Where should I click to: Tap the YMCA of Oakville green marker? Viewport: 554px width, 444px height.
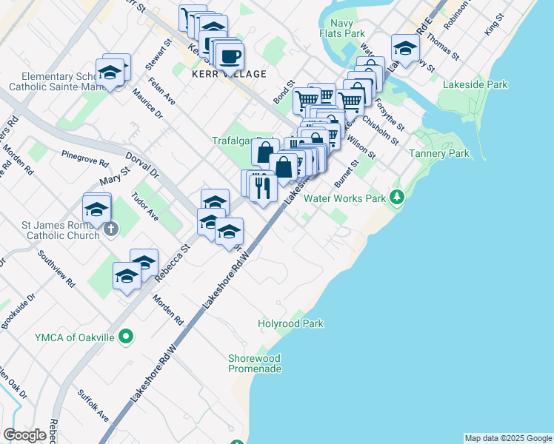point(126,337)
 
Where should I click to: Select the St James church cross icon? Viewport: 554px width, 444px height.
point(110,229)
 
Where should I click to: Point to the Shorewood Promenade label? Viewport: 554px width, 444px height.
point(255,363)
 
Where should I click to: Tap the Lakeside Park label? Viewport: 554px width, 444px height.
point(475,84)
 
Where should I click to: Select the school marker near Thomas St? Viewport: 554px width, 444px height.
point(405,48)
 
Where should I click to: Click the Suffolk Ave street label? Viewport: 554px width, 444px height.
point(88,400)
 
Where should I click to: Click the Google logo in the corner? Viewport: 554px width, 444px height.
point(24,435)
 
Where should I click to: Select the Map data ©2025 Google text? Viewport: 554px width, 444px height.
point(507,438)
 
